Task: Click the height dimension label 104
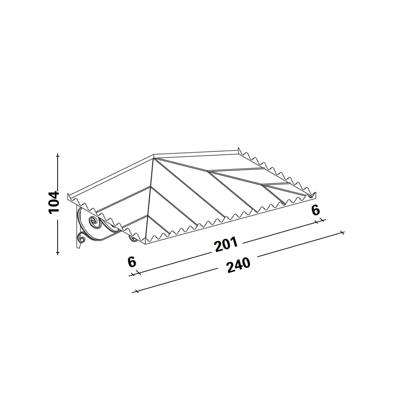coord(53,203)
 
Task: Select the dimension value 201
coord(226,244)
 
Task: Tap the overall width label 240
coord(238,265)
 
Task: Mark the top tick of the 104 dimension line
coord(58,156)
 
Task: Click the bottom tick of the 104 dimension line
coord(58,252)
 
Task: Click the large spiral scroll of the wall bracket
coord(94,222)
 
